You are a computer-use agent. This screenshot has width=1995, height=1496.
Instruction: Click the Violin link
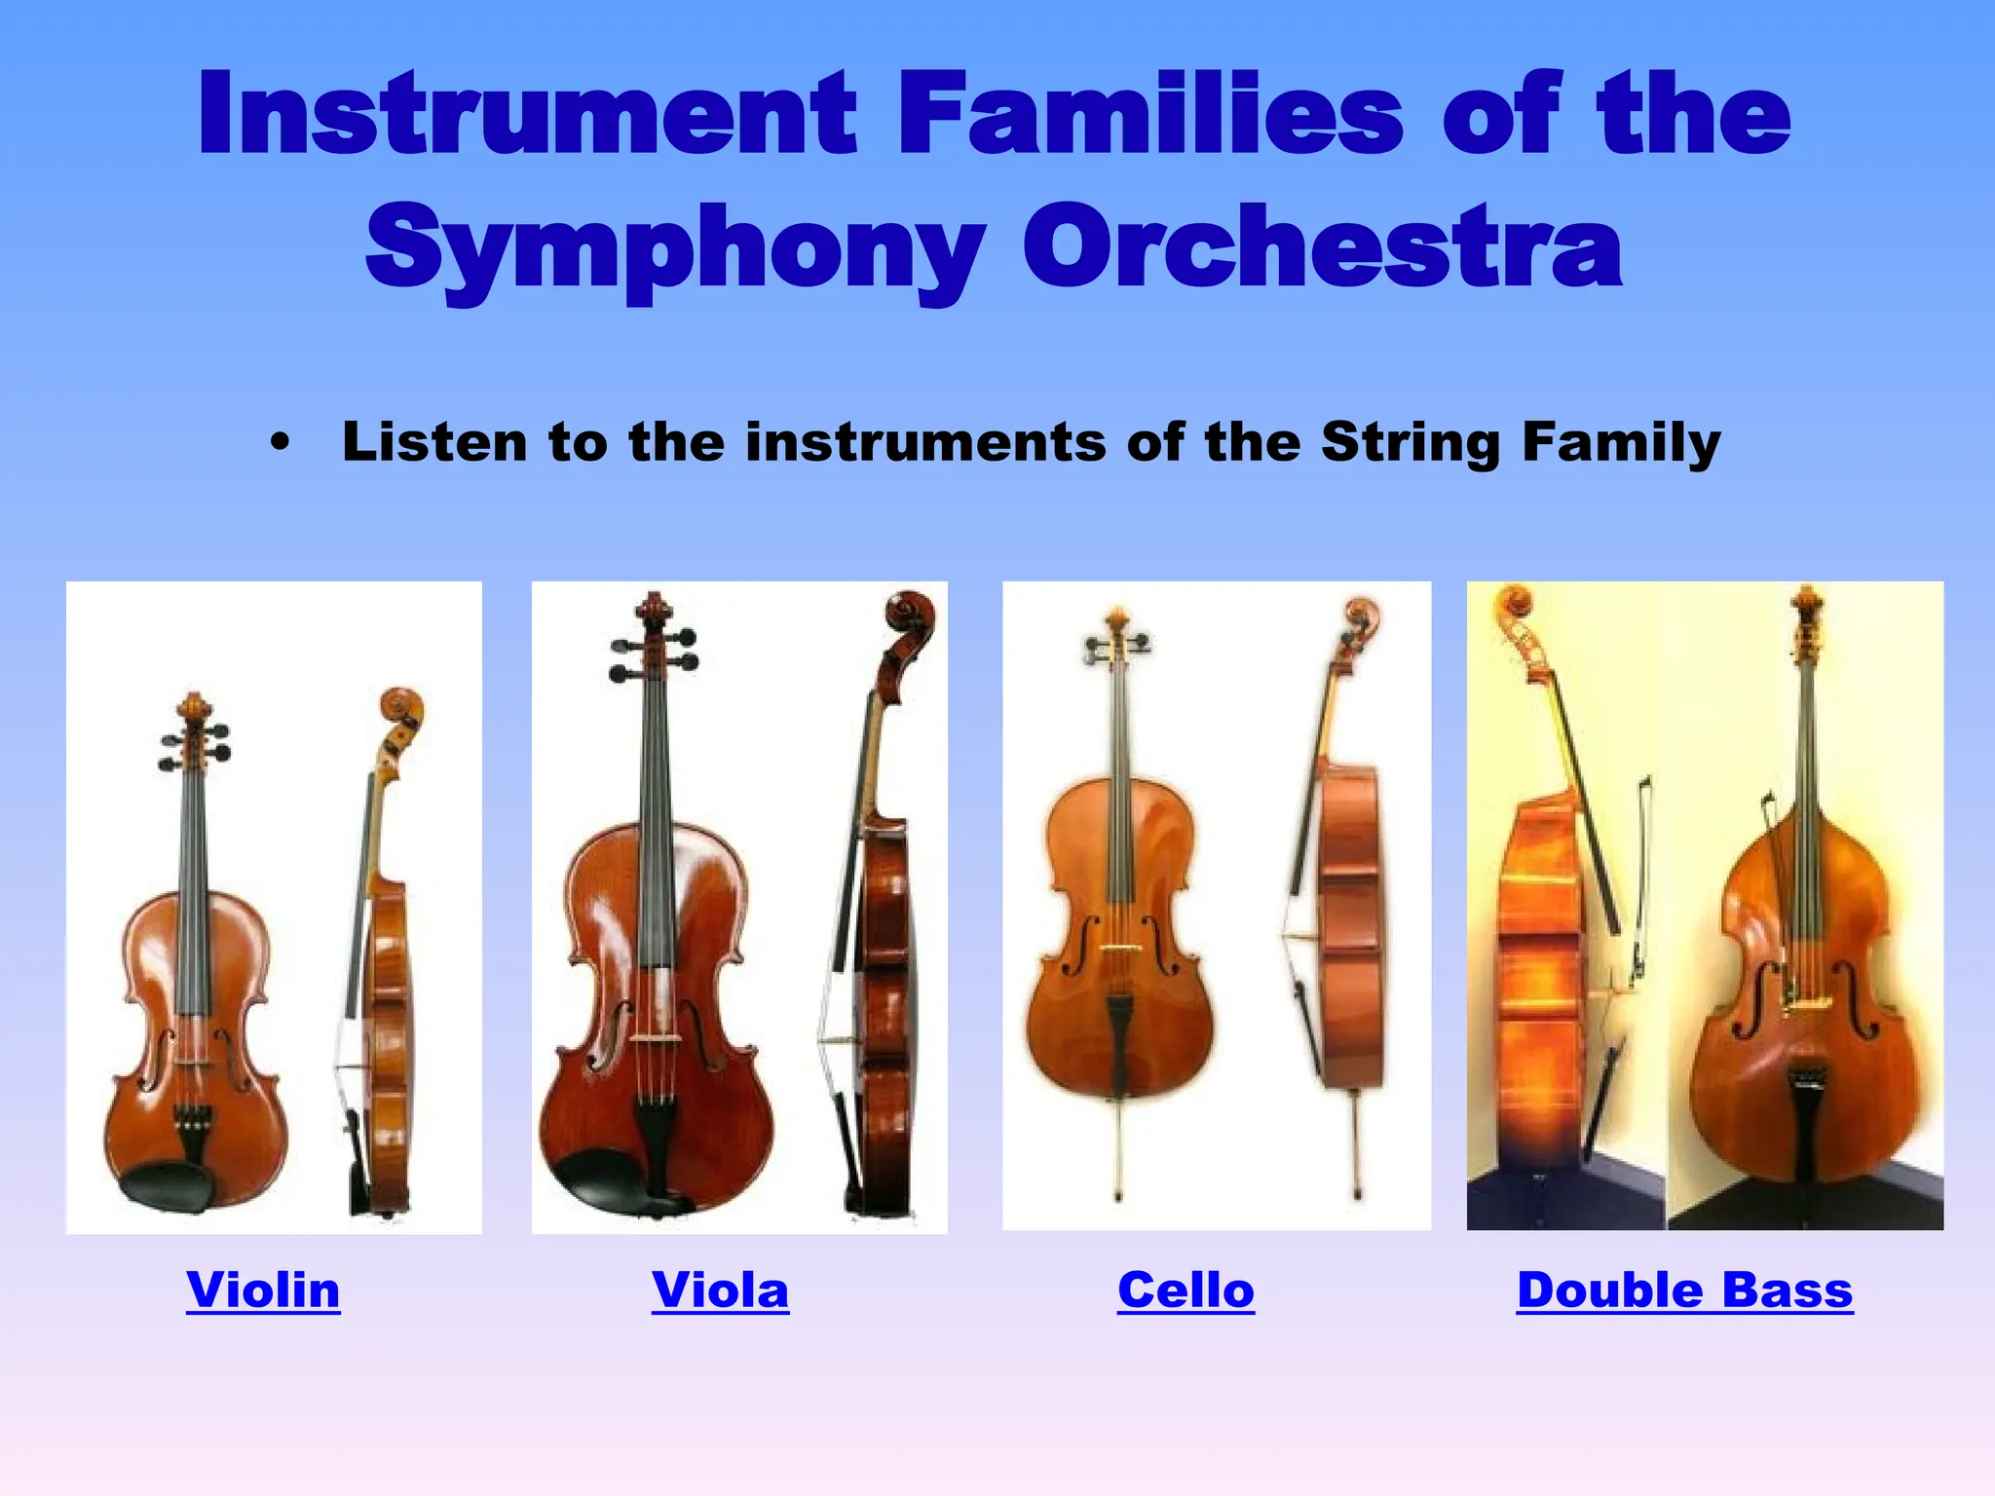[263, 1290]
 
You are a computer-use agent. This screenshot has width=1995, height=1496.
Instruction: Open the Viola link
[720, 1290]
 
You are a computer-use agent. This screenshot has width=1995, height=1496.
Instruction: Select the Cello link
[1186, 1290]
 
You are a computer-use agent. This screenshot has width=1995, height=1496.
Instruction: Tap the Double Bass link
[1684, 1290]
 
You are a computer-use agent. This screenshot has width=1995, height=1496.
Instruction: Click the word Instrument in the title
[527, 115]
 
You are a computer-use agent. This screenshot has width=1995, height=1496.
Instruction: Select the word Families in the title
[1149, 115]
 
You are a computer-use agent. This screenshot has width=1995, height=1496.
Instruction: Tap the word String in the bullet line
[1411, 443]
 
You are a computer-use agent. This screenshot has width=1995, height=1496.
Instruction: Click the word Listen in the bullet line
[435, 443]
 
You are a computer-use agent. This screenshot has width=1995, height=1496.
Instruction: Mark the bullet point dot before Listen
[281, 443]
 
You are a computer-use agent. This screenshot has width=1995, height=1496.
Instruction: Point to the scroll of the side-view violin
[402, 706]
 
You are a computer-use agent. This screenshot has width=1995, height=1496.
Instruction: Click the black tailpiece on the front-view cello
[1118, 1037]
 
